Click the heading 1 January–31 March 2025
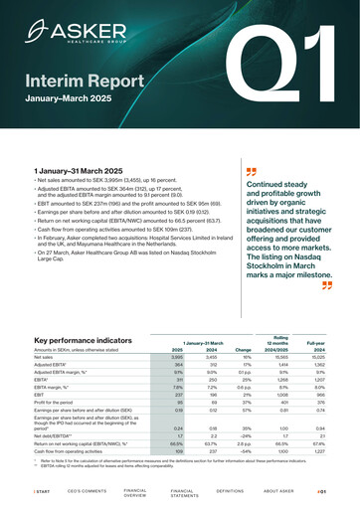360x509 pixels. (x=78, y=172)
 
